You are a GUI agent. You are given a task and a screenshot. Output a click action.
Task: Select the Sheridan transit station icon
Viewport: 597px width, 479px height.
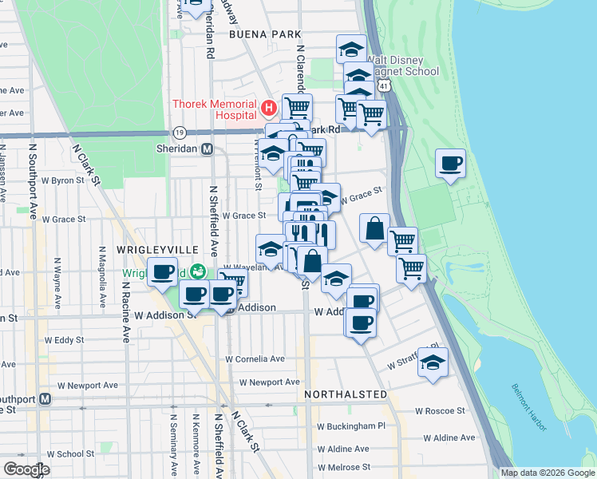(207, 148)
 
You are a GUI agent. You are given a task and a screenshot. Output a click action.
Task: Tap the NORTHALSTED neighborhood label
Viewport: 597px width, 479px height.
(346, 394)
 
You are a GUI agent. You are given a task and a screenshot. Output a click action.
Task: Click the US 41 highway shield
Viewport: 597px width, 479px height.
(385, 84)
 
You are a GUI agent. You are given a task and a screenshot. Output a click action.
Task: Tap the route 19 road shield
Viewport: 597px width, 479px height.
(180, 132)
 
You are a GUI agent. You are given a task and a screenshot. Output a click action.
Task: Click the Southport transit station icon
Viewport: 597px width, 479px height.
(45, 399)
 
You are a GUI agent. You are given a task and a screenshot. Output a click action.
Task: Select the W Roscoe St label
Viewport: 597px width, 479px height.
(440, 411)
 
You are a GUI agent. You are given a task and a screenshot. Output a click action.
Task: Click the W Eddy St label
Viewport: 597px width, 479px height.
(64, 339)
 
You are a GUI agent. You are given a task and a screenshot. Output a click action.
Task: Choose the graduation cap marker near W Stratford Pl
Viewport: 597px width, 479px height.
(433, 362)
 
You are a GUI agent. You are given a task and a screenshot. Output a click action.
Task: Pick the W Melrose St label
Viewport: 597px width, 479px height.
(344, 467)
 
